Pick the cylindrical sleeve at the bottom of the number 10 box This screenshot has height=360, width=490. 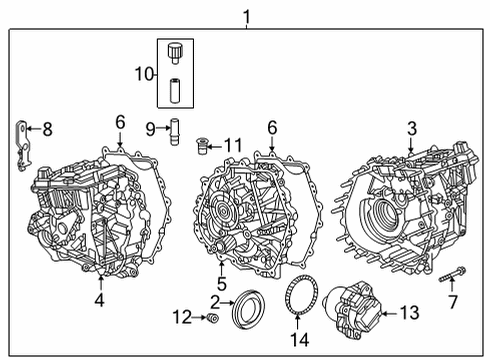pyautogui.click(x=175, y=90)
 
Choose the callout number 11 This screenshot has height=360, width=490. pyautogui.click(x=234, y=147)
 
